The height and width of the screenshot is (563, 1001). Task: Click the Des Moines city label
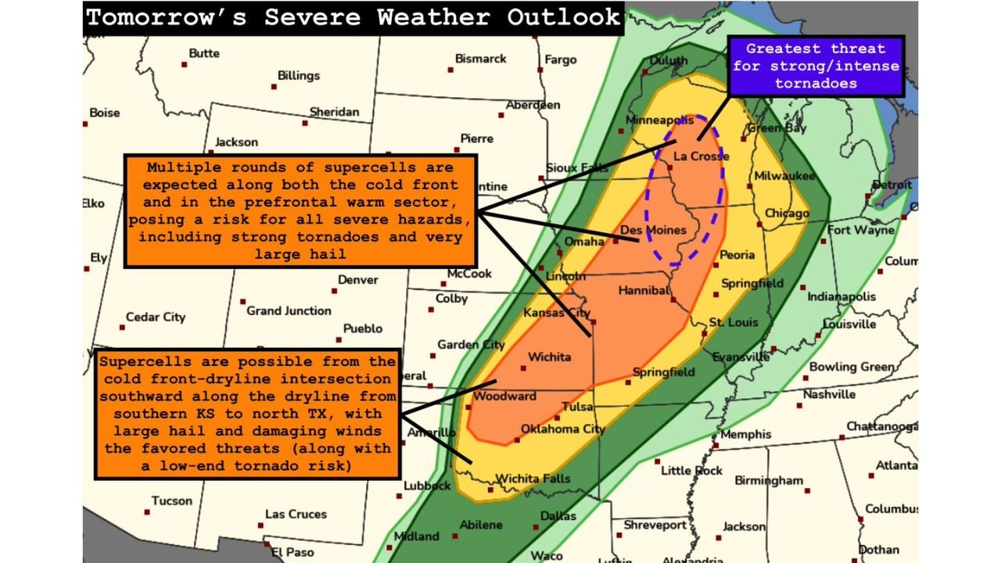653,230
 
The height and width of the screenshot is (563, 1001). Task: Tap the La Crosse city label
701,156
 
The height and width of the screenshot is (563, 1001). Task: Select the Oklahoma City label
563,429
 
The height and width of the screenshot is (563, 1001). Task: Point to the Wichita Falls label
533,479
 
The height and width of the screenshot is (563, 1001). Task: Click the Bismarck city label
480,59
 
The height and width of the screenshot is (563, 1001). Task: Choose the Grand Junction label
289,310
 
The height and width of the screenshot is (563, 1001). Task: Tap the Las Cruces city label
296,514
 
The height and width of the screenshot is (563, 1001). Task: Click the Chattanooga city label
881,426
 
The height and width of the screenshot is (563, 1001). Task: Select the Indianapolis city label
841,297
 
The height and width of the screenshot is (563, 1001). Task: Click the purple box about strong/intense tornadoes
816,66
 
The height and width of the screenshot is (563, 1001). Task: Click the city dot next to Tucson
146,512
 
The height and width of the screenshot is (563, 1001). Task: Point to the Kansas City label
556,313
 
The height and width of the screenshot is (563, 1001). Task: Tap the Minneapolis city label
659,120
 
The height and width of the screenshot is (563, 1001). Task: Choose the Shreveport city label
655,525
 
